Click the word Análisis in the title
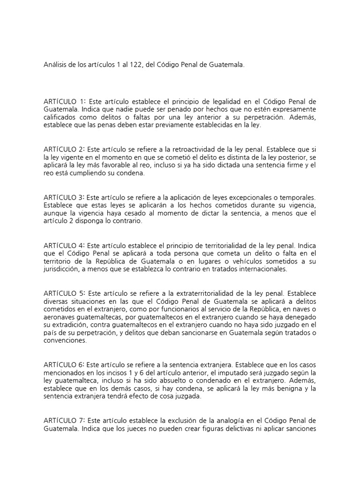56,66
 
